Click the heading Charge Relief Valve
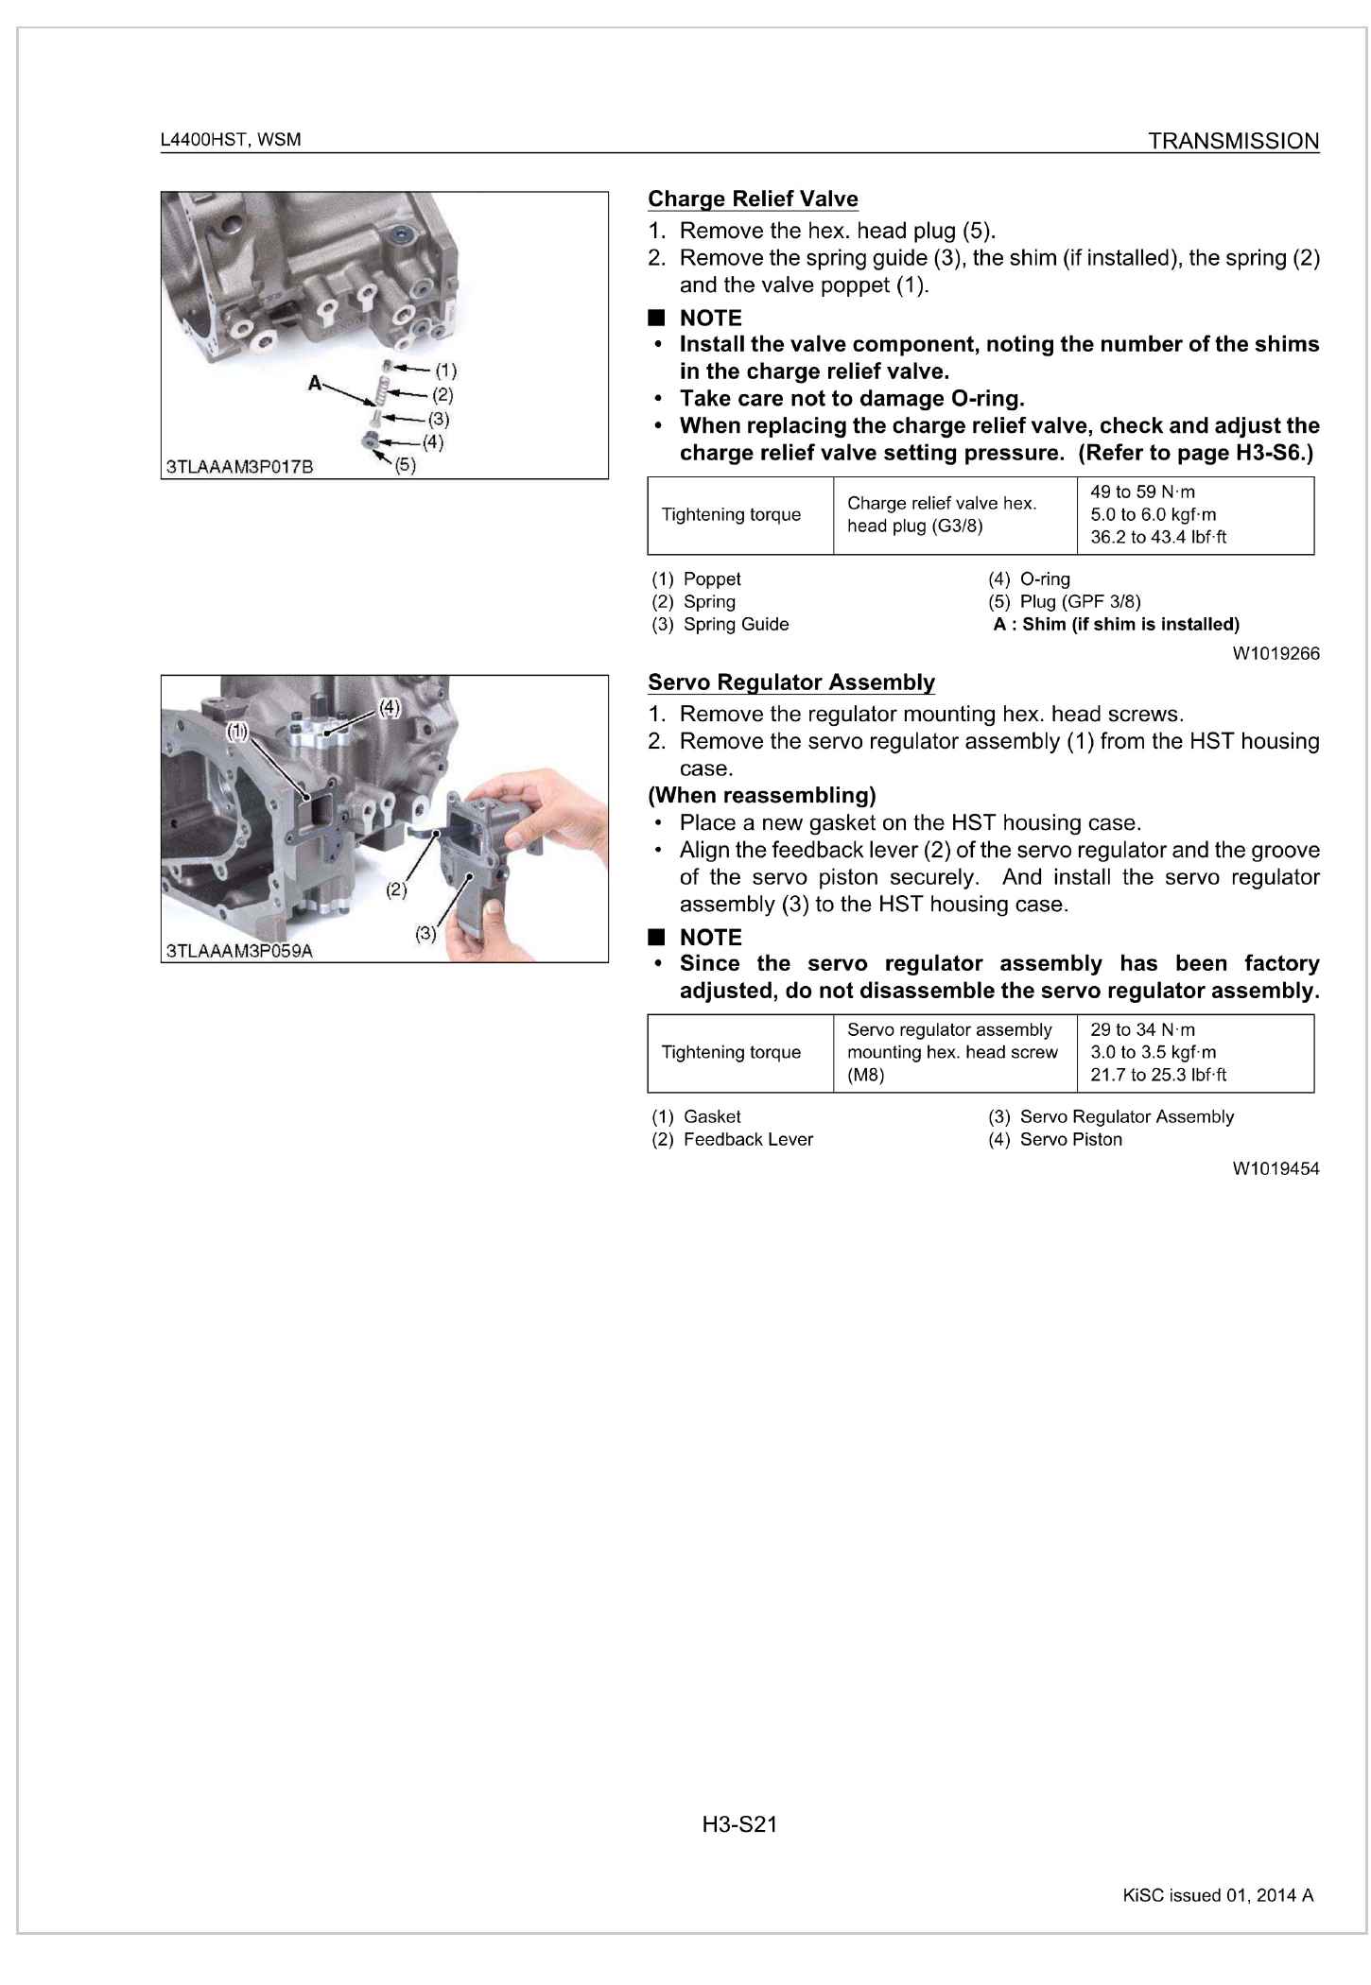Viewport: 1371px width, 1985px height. coord(753,199)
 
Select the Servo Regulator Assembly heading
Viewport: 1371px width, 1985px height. coord(791,682)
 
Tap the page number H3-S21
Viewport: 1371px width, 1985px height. coord(739,1824)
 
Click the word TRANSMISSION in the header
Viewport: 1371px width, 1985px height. coord(1233,142)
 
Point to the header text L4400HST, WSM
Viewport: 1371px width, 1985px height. coord(231,140)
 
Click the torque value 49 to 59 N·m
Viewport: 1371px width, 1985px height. coord(1142,492)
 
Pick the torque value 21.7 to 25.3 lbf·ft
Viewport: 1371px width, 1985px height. coord(1158,1075)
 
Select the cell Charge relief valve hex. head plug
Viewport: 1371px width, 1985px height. coord(942,514)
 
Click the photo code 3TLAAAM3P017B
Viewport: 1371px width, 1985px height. coord(239,467)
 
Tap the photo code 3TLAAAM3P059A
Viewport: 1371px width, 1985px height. coord(239,950)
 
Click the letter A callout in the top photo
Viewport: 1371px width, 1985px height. coord(315,383)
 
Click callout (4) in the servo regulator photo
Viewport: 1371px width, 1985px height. coord(390,707)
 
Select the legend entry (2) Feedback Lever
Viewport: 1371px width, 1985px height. coord(733,1139)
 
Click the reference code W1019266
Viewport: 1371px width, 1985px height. coord(1276,653)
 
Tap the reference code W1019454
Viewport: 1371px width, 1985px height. coord(1276,1168)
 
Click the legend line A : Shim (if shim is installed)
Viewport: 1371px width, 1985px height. coord(1116,624)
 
